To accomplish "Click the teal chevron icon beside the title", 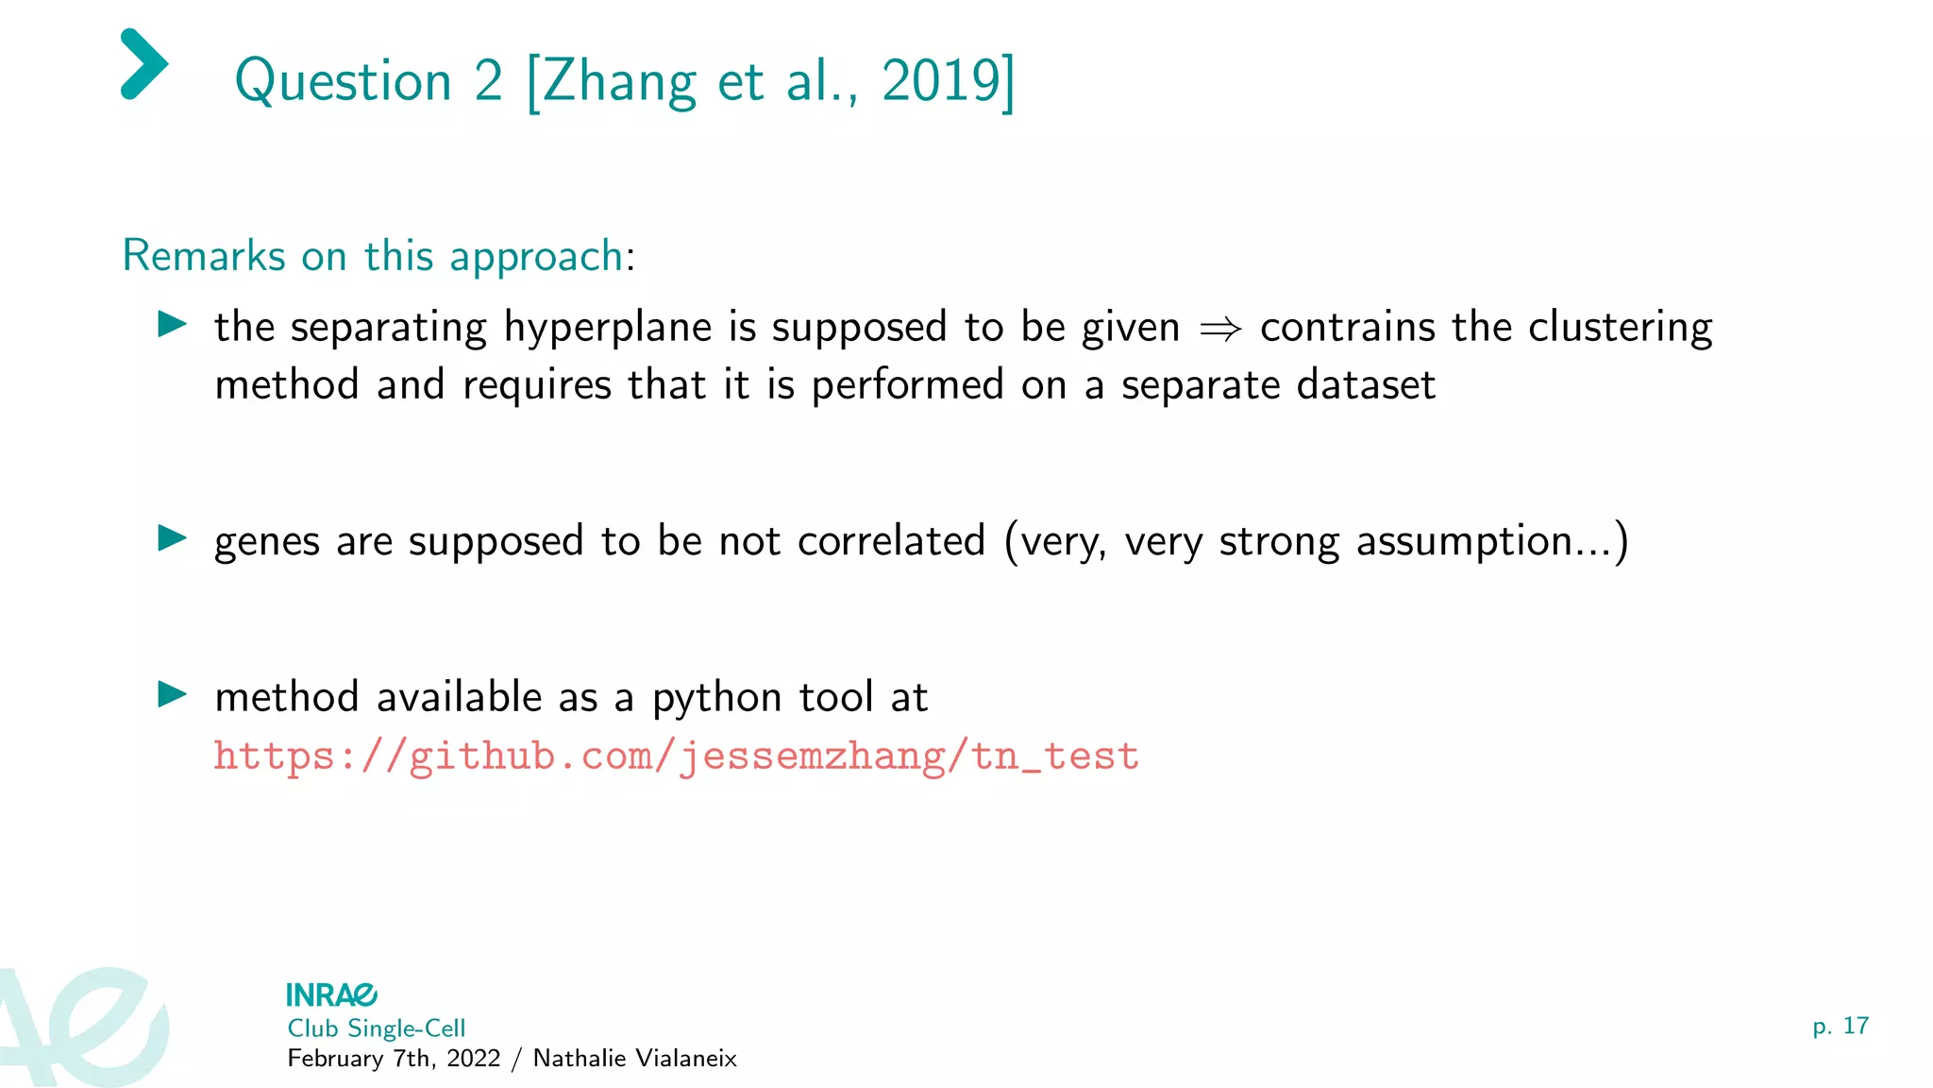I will pyautogui.click(x=144, y=64).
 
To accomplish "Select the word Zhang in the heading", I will pyautogui.click(x=620, y=83).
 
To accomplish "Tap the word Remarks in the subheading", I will pyautogui.click(x=204, y=256).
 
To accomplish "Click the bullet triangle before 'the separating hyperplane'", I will pyautogui.click(x=172, y=325).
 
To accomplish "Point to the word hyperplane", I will pyautogui.click(x=607, y=329).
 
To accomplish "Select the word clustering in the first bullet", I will pyautogui.click(x=1620, y=329).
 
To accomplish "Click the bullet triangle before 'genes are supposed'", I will pyautogui.click(x=172, y=538).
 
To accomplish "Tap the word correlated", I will pyautogui.click(x=891, y=541).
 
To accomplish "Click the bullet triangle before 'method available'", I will pyautogui.click(x=172, y=694).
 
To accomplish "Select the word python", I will pyautogui.click(x=716, y=699).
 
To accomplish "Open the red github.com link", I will pyautogui.click(x=676, y=756).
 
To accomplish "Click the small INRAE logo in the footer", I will pyautogui.click(x=331, y=994).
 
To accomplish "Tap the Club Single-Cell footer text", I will pyautogui.click(x=376, y=1028).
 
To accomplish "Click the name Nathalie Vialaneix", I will pyautogui.click(x=634, y=1059).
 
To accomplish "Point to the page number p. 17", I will pyautogui.click(x=1840, y=1027).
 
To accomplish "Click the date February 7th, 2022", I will pyautogui.click(x=394, y=1059).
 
